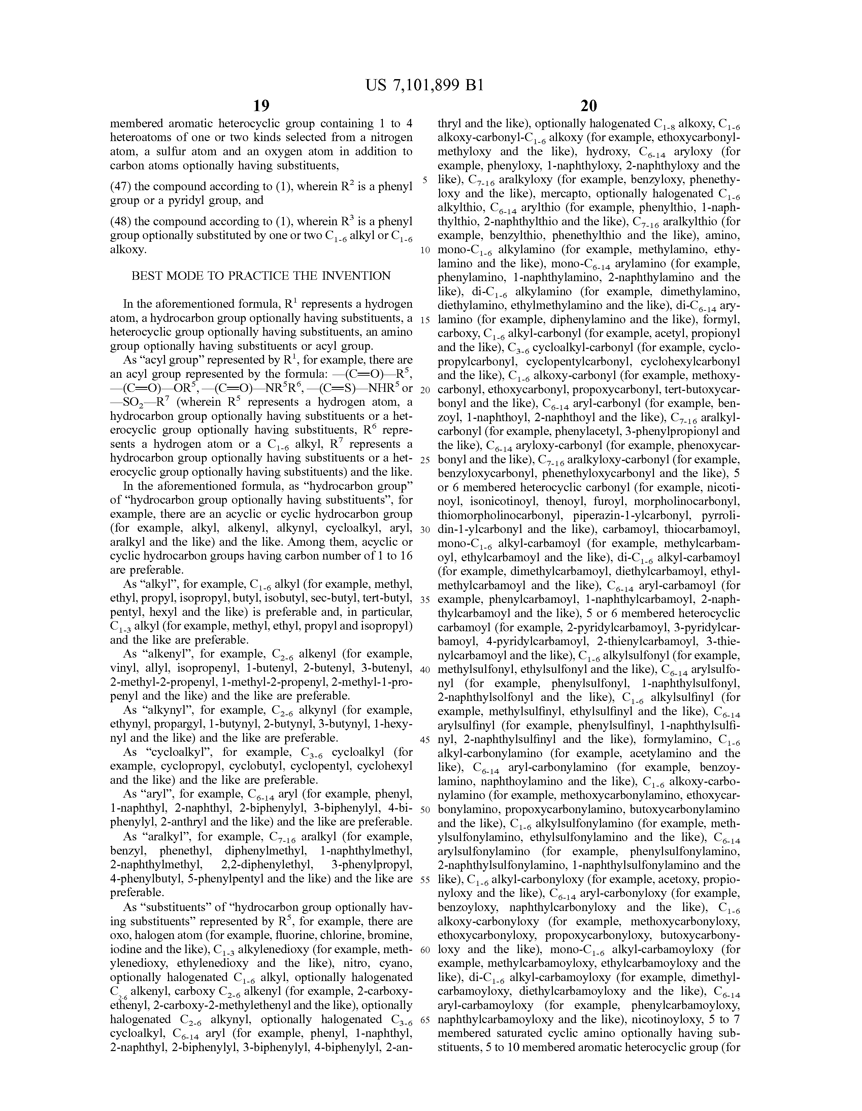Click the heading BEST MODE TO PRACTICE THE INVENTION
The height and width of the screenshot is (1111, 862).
coord(261,276)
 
